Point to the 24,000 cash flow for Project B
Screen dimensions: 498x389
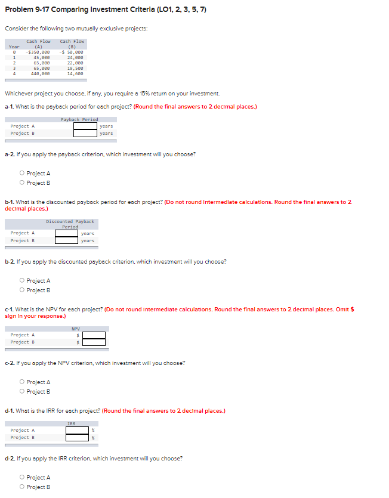(x=75, y=57)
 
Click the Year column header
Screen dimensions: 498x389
(x=14, y=46)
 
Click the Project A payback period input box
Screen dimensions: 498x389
(x=85, y=126)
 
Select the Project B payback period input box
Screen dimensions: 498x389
(x=85, y=133)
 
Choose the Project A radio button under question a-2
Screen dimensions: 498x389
(x=22, y=174)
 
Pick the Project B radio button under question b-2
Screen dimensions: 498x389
(x=22, y=290)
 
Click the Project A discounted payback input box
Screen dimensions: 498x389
(x=67, y=233)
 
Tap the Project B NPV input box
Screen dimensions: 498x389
(x=94, y=342)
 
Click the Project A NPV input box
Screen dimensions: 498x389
(x=94, y=335)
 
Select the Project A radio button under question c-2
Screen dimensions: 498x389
(x=22, y=382)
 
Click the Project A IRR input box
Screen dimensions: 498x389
(x=77, y=430)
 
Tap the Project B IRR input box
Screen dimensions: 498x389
(x=77, y=438)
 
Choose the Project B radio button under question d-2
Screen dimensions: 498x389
(x=22, y=487)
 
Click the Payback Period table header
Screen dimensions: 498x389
(x=79, y=119)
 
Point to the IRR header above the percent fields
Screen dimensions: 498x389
(x=71, y=423)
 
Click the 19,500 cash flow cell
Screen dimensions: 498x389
(x=75, y=69)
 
